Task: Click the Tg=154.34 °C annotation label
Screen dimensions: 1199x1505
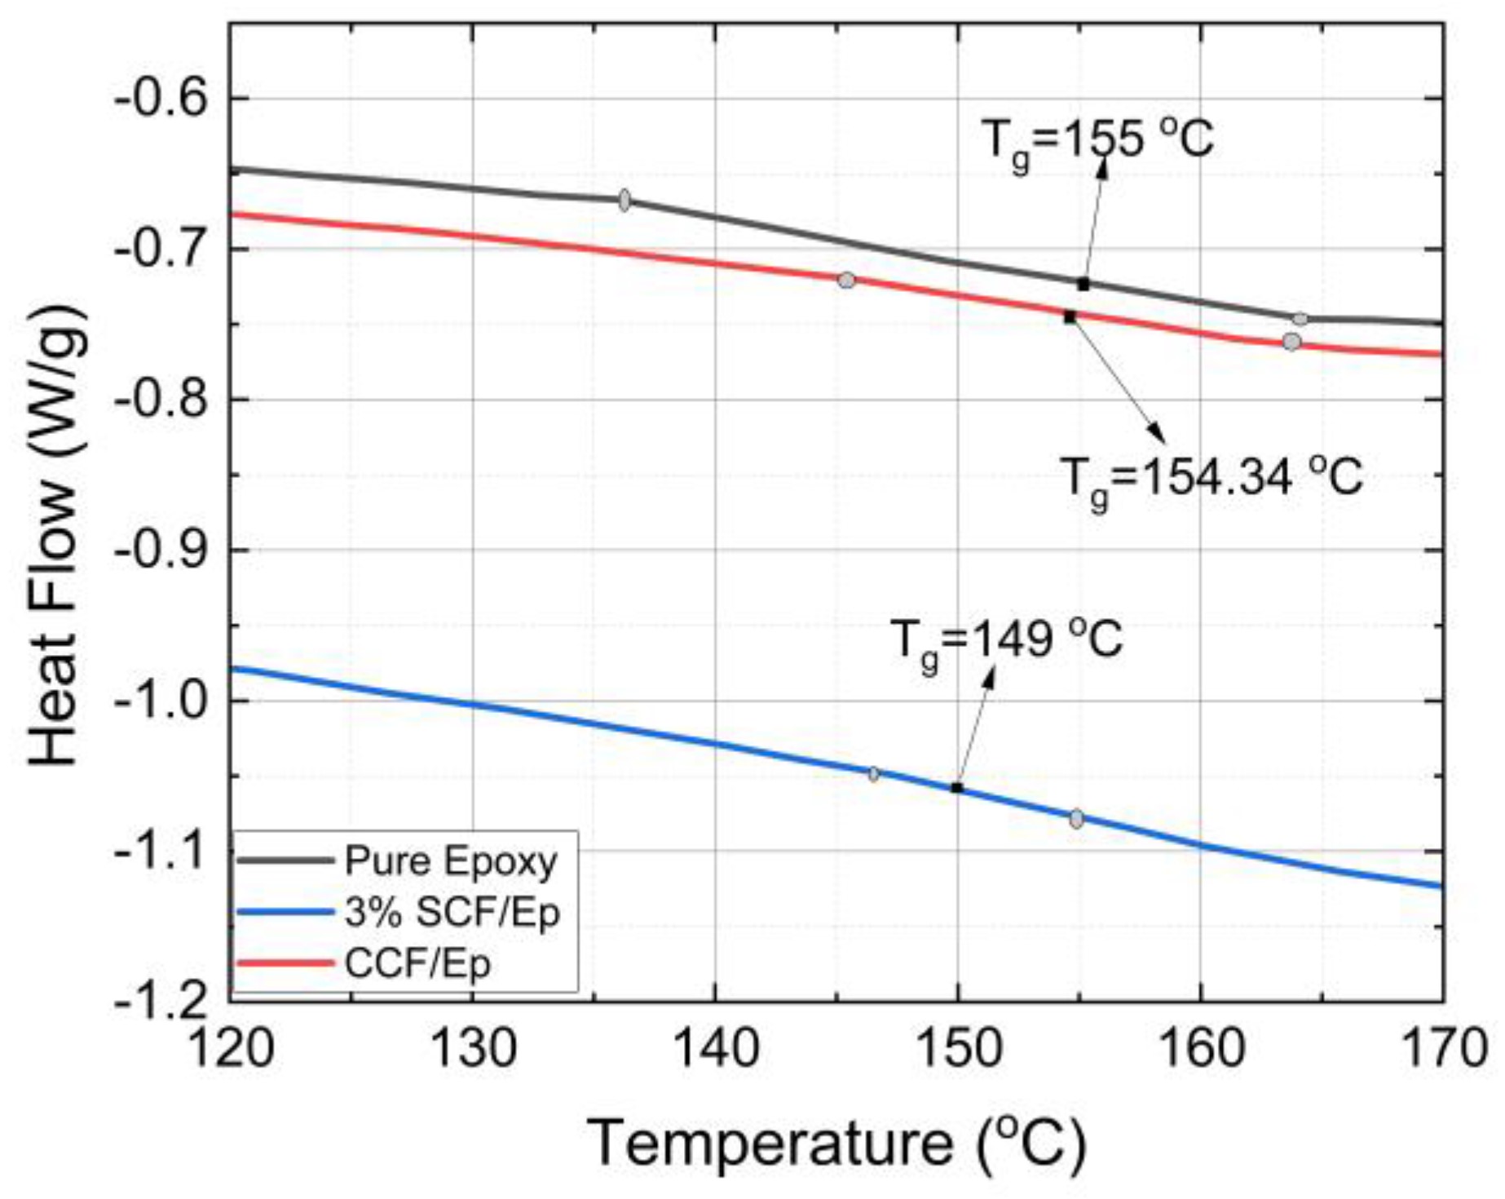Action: (1211, 476)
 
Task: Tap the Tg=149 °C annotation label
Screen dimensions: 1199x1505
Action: (1006, 640)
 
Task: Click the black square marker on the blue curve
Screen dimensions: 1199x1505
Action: (957, 788)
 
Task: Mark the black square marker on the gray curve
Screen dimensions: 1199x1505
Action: (1084, 284)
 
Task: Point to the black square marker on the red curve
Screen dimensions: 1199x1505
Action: (1070, 316)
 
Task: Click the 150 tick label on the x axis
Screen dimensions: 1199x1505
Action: (958, 1048)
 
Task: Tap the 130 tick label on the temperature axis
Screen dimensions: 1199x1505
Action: (472, 1048)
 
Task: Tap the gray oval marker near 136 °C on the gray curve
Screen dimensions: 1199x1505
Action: (625, 200)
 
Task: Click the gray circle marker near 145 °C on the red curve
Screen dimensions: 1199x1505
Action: (846, 280)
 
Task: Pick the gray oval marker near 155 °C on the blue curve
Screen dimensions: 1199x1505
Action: (1077, 819)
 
